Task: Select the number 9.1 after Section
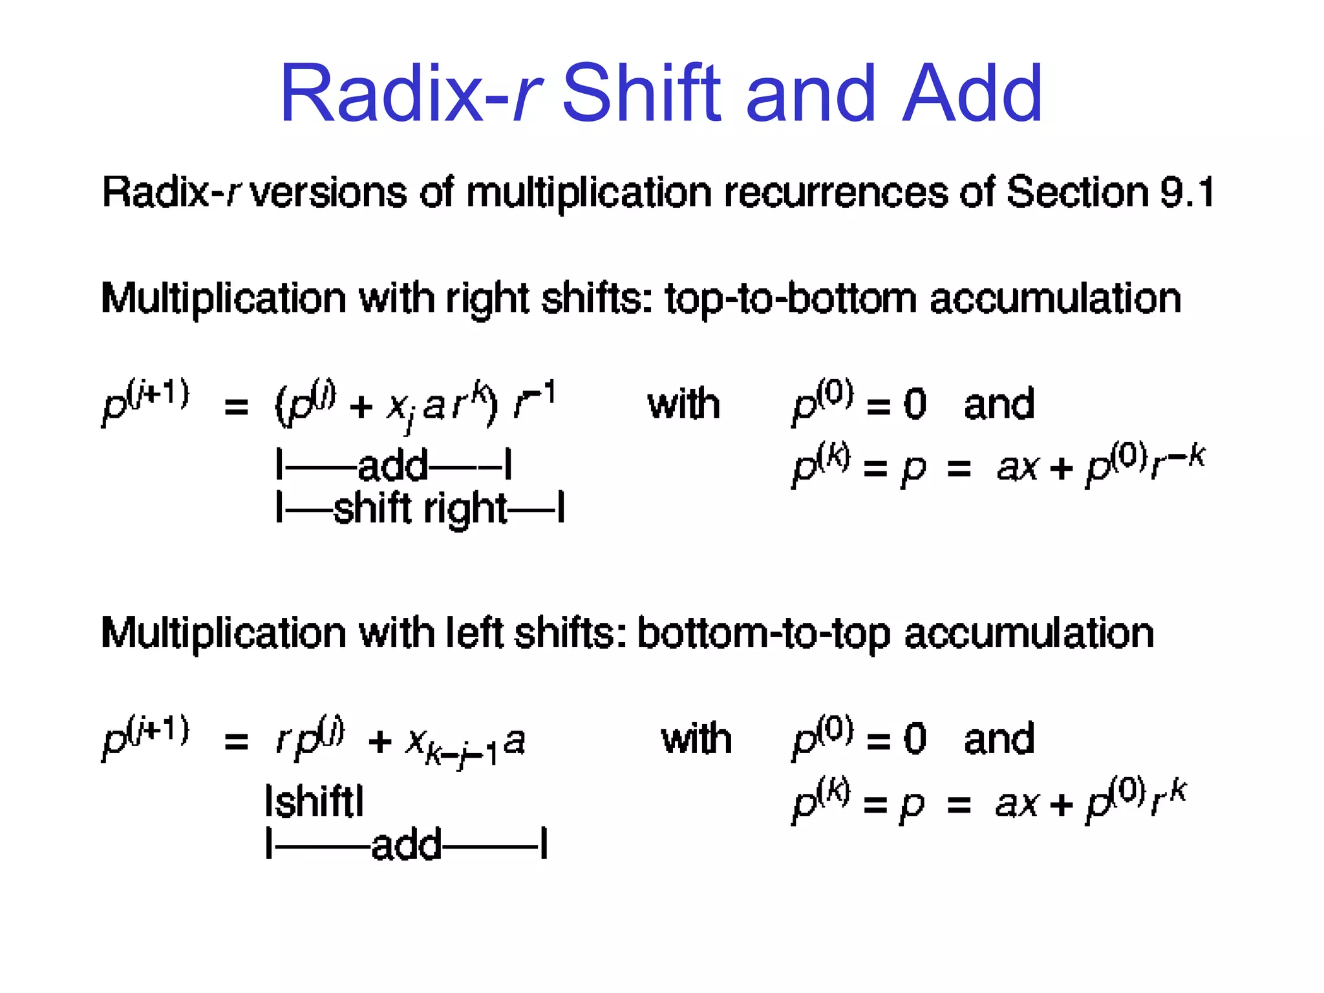[x=1188, y=192]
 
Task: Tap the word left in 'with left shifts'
[x=474, y=633]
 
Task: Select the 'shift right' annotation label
[x=420, y=509]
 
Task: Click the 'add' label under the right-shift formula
[x=392, y=465]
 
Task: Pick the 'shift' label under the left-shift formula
[x=314, y=802]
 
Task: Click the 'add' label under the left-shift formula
[x=407, y=844]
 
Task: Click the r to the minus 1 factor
[x=534, y=402]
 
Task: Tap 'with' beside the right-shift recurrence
[x=683, y=405]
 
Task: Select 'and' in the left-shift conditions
[x=999, y=739]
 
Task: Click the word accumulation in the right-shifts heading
[x=1055, y=299]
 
